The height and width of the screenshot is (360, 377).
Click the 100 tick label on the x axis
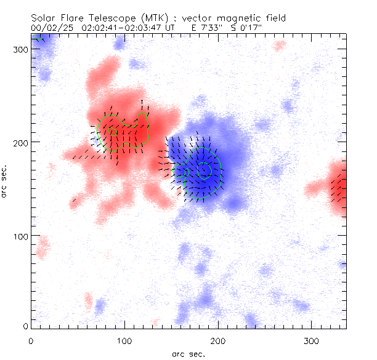pyautogui.click(x=124, y=340)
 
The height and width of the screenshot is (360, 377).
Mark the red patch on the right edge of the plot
pyautogui.click(x=338, y=186)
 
